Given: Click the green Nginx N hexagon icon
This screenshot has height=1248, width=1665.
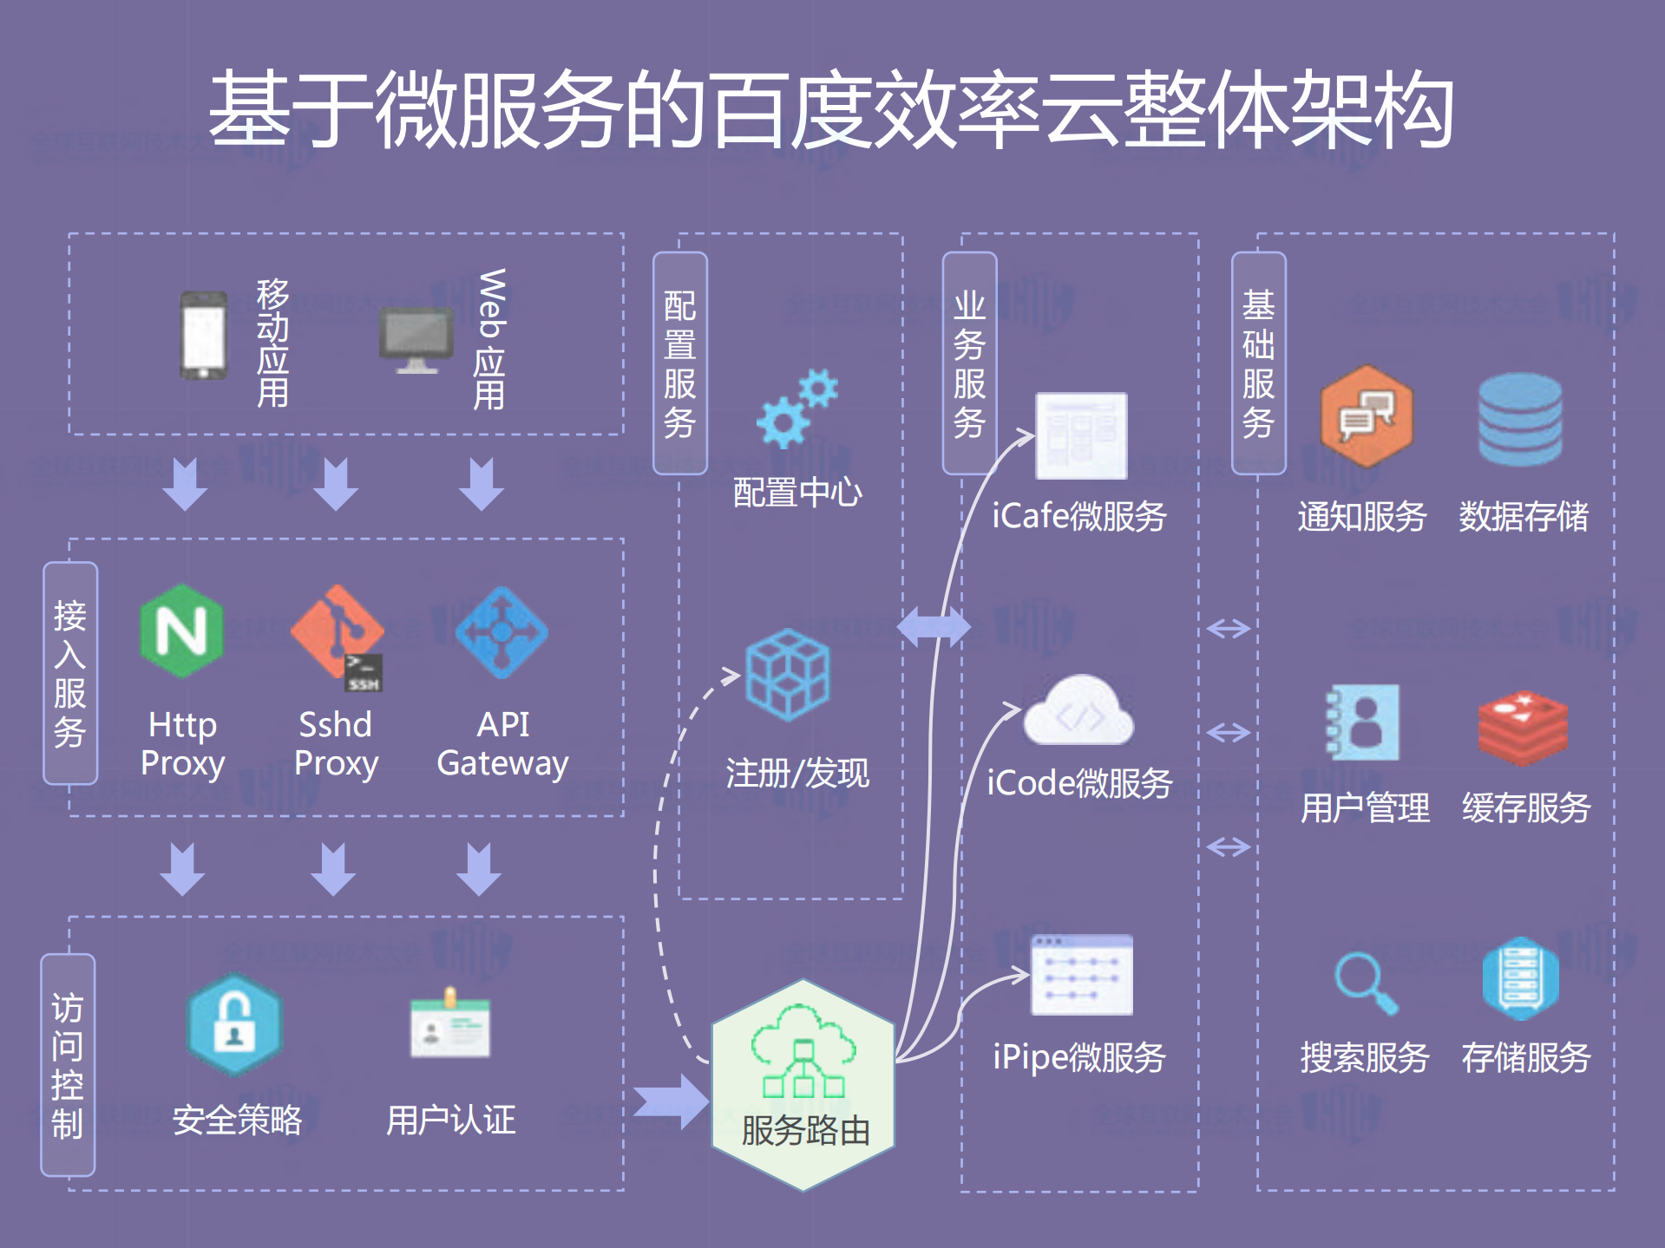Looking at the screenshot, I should [181, 631].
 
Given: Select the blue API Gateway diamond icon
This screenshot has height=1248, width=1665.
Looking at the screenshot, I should [501, 632].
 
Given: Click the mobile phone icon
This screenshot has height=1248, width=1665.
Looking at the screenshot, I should [203, 335].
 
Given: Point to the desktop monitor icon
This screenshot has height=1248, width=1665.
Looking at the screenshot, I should [416, 339].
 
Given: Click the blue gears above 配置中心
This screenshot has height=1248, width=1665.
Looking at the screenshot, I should [796, 408].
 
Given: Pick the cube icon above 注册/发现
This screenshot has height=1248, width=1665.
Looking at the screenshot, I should [788, 675].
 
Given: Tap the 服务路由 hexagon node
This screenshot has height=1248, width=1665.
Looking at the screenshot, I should [803, 1084].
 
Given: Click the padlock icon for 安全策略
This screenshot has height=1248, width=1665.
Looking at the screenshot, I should [234, 1023].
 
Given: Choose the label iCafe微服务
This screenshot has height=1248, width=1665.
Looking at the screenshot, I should [1078, 516].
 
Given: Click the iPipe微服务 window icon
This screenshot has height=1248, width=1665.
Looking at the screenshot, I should [1081, 975].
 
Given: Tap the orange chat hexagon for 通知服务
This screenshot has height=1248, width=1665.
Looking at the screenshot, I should [1367, 416].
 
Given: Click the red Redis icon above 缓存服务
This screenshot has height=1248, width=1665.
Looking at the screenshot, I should [1523, 728].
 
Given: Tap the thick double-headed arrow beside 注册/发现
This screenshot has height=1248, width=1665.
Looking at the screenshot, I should [933, 626].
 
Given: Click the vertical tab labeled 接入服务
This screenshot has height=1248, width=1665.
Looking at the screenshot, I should [70, 673].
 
